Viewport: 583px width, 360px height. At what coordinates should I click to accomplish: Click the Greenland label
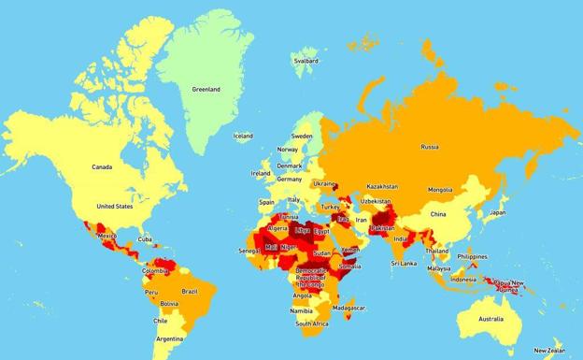tap(206, 90)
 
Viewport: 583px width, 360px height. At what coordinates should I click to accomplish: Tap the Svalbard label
tap(306, 62)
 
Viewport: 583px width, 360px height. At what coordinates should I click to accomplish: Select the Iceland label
tap(243, 136)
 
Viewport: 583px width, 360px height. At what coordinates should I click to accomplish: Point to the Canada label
tap(102, 167)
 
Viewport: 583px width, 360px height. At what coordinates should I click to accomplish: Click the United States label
tap(115, 206)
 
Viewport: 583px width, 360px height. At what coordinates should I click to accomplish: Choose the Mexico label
tap(107, 236)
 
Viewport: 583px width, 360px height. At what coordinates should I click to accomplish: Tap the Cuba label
tap(145, 238)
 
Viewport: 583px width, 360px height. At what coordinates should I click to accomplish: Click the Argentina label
tap(170, 338)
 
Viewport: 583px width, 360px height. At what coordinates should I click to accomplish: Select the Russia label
tap(430, 147)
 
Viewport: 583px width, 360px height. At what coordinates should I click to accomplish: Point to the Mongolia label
tap(440, 190)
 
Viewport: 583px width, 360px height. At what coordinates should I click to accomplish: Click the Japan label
tap(498, 212)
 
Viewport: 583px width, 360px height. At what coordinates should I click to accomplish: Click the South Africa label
tap(312, 324)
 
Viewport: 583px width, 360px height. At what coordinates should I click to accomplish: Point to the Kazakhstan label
tap(382, 186)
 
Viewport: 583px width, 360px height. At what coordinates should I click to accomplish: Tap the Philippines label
tap(473, 256)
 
